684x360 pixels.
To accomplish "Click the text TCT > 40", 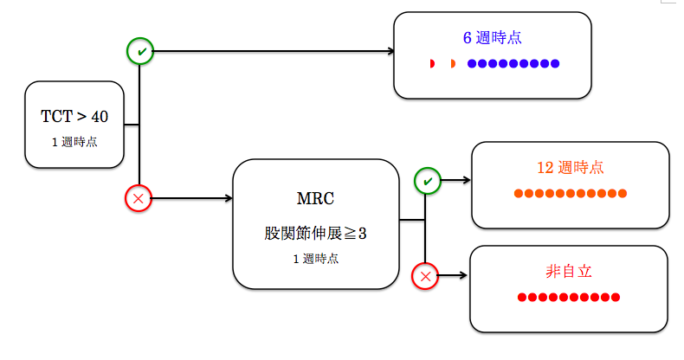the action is (74, 116).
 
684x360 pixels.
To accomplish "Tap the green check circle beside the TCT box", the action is (140, 51).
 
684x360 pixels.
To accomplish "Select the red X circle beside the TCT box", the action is (139, 198).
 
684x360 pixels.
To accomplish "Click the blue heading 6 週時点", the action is (492, 38).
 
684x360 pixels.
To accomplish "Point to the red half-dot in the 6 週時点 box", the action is (432, 64).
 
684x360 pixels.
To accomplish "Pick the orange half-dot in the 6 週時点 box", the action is (453, 64).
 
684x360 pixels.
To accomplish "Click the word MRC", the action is (315, 199).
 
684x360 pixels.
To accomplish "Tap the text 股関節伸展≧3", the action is (315, 233).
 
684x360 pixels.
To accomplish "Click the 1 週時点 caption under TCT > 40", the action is (74, 142).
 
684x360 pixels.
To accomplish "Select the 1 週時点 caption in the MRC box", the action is (316, 259).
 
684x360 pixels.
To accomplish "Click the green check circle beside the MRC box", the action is (428, 181).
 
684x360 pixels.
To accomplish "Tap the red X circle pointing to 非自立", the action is (425, 276).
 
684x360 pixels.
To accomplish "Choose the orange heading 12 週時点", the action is (571, 168).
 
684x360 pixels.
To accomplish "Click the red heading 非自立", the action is (569, 272).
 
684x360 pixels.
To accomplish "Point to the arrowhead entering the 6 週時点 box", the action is (390, 51).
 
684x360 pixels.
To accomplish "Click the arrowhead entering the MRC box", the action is (229, 198).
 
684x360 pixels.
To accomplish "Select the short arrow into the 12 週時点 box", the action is (455, 180).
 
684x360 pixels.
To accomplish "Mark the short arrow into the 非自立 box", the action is (453, 275).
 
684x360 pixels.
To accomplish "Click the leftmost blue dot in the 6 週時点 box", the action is (472, 64).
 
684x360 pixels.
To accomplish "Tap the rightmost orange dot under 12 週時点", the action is (623, 194).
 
